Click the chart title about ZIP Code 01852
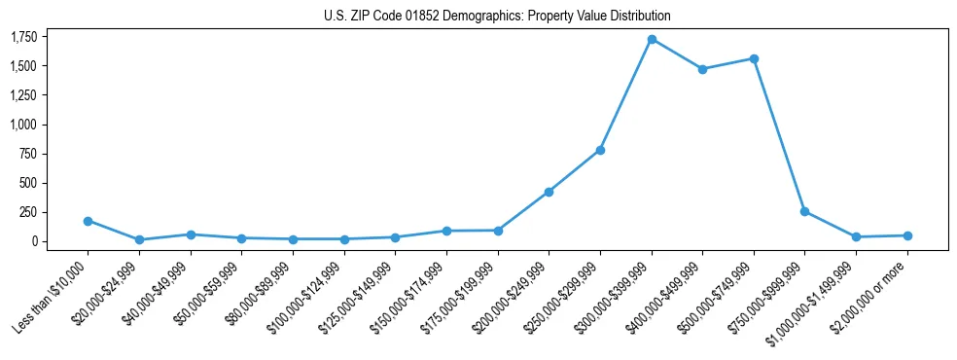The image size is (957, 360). point(497,17)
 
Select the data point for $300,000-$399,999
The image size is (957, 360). point(652,39)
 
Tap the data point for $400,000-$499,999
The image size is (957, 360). point(702,69)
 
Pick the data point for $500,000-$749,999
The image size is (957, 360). point(754,58)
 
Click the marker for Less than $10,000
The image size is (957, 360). point(88,221)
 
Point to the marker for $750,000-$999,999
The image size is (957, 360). point(804,211)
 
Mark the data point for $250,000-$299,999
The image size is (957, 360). point(600,150)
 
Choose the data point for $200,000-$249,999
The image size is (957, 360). point(549,192)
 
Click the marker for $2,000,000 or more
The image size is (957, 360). point(907,235)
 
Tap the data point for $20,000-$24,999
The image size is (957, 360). point(139,239)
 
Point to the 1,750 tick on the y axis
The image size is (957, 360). point(23,37)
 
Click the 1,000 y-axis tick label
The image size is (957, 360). point(23,125)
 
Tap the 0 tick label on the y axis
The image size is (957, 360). point(34,241)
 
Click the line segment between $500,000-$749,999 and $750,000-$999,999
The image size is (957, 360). point(779,134)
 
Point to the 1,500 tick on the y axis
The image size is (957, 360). point(23,66)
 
